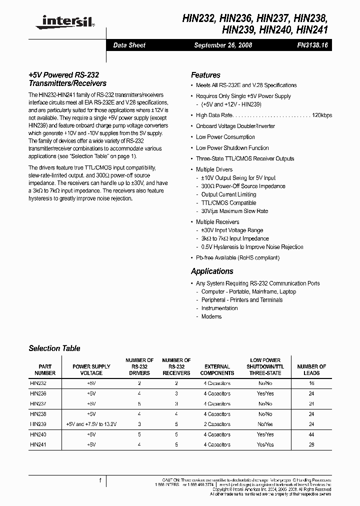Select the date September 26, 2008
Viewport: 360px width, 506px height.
click(x=222, y=45)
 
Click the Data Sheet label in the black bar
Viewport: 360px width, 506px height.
click(x=129, y=45)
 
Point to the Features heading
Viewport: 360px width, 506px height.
click(x=205, y=75)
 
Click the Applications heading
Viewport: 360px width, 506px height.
click(x=212, y=271)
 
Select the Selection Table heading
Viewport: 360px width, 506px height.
click(x=54, y=348)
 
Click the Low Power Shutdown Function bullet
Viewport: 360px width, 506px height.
click(x=232, y=148)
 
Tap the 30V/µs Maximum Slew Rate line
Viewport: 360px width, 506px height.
click(x=234, y=211)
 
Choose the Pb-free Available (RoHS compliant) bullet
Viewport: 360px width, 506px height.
click(x=237, y=258)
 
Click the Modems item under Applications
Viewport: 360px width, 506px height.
click(x=211, y=316)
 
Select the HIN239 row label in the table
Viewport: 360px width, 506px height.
click(x=38, y=424)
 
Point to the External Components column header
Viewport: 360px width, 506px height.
click(x=217, y=369)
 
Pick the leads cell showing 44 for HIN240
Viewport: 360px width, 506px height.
click(x=311, y=434)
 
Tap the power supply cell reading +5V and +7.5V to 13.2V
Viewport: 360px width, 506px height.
click(x=91, y=424)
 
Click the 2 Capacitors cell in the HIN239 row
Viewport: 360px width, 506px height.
click(x=217, y=424)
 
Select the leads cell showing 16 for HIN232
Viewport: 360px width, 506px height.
click(x=311, y=383)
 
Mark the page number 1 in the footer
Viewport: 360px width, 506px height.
click(x=100, y=480)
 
